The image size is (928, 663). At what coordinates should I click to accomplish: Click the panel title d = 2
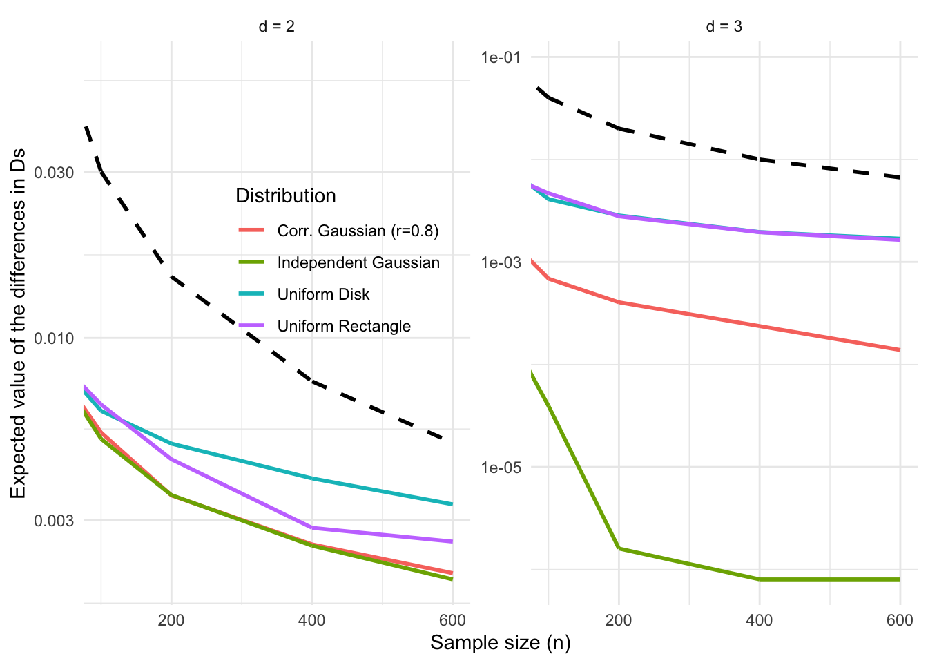point(276,27)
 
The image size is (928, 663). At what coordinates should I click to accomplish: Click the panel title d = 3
point(724,27)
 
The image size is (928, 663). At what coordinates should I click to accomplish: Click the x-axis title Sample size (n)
point(501,643)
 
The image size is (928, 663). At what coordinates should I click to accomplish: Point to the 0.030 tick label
point(55,172)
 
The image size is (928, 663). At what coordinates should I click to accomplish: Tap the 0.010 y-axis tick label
point(55,338)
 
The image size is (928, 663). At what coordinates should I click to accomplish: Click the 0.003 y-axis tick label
point(55,520)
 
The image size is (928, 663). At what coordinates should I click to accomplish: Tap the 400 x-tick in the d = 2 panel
point(311,620)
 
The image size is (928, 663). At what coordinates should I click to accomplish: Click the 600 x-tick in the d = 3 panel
point(900,620)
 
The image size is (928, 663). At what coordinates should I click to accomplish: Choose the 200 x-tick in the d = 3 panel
point(619,620)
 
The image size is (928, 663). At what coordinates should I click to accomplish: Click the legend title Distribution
point(286,196)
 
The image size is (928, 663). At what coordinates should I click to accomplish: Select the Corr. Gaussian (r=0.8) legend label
point(358,231)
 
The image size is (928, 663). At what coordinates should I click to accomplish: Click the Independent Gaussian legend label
point(358,262)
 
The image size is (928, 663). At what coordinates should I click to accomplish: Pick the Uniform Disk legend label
point(323,294)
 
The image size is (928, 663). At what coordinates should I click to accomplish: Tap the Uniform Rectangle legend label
point(344,326)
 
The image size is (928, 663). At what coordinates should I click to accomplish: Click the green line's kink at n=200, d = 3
point(619,548)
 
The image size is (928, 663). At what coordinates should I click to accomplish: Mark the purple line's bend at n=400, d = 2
point(312,528)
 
